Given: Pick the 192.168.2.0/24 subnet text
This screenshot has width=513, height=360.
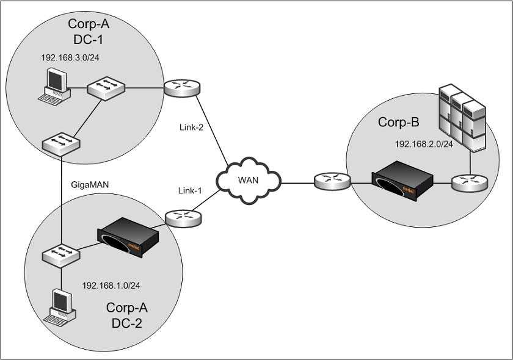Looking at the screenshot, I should pos(424,145).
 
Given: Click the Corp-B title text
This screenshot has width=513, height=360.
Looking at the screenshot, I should pos(398,122).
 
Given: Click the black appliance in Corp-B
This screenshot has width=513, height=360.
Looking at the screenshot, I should pos(402,178).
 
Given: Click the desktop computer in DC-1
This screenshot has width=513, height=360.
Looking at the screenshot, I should pos(55,85).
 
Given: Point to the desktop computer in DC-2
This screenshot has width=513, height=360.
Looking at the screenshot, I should pos(63,305).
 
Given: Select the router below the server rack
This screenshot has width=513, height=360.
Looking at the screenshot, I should pos(470,181).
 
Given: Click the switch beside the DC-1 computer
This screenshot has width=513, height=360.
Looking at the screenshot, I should pos(106,88).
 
